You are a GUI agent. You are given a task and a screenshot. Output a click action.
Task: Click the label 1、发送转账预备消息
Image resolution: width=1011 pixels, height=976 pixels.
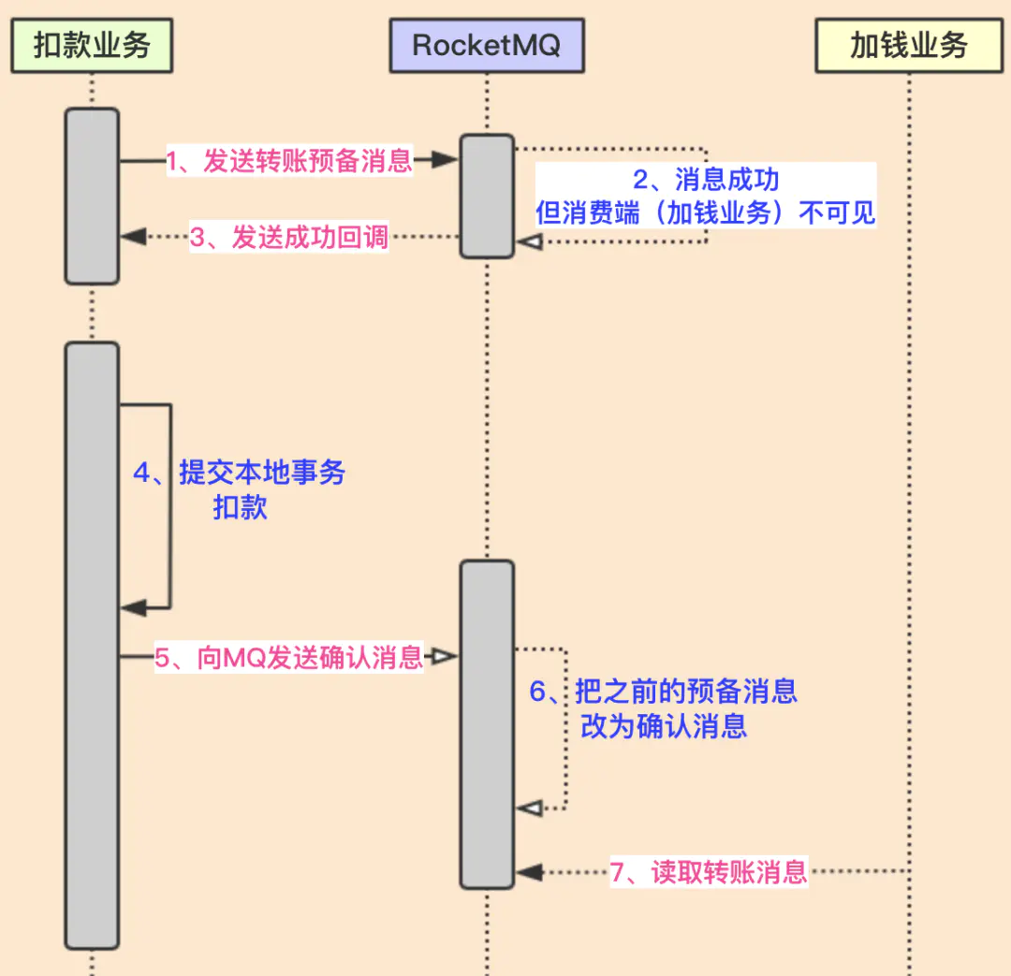tap(289, 160)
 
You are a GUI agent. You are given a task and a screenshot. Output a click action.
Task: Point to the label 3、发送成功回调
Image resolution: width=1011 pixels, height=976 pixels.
tap(289, 237)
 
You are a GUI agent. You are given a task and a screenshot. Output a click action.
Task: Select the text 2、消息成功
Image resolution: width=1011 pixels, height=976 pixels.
tap(706, 180)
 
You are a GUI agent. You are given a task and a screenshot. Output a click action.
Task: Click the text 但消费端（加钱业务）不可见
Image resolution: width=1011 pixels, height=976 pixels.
tap(706, 212)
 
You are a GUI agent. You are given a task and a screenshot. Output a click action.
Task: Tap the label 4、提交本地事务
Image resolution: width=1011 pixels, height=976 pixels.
tap(240, 473)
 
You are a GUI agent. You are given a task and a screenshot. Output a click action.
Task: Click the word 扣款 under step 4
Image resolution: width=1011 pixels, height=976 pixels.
tap(240, 507)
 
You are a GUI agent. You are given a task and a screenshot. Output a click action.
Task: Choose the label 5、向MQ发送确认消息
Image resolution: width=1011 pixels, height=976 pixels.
tap(289, 657)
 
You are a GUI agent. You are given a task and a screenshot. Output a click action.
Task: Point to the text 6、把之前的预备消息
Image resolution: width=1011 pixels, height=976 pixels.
tap(664, 692)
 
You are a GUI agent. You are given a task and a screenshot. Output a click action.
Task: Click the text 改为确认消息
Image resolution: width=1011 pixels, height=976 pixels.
tap(664, 726)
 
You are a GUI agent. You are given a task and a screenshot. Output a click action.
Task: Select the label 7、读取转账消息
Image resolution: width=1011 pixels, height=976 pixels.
tap(709, 872)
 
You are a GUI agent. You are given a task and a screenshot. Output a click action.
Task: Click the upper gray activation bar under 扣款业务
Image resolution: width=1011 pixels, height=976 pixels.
tap(92, 196)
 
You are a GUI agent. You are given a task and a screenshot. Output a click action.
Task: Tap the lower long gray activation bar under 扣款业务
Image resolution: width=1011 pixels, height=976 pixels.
tap(92, 646)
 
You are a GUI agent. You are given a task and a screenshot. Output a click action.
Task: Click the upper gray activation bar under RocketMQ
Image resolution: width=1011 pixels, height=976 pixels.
tap(487, 196)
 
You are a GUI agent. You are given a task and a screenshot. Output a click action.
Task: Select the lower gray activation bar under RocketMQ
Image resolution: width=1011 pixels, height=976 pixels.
tap(487, 723)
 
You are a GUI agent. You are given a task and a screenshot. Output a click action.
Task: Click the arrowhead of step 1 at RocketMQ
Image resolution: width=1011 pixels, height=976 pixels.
tap(447, 161)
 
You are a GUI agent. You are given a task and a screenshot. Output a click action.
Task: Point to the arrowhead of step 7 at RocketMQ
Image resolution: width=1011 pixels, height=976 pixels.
tap(529, 872)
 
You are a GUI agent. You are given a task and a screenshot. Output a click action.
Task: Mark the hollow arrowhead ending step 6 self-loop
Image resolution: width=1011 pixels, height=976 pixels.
tap(529, 807)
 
